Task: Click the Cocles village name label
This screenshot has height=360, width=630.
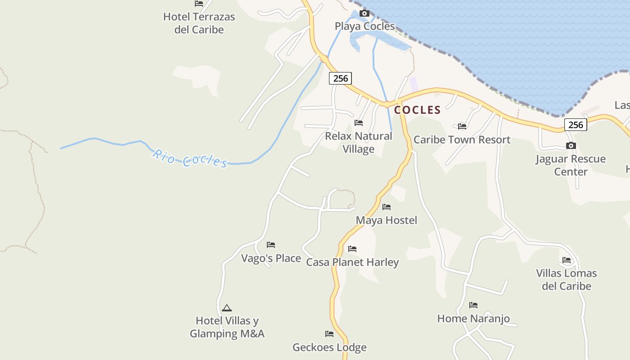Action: click(417, 110)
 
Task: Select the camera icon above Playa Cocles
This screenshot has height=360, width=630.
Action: click(364, 13)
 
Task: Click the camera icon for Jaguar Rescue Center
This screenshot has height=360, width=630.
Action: click(571, 145)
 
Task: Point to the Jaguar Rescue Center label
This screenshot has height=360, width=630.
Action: click(571, 165)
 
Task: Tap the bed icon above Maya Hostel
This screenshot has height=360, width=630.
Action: click(387, 207)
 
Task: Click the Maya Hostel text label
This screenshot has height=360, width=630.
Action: click(387, 220)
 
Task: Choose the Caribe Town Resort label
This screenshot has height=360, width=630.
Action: click(462, 139)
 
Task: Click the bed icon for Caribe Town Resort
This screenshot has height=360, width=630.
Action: click(462, 126)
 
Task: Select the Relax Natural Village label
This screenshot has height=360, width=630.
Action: click(359, 142)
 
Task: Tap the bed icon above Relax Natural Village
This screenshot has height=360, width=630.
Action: click(359, 122)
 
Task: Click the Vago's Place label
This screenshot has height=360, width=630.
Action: click(271, 258)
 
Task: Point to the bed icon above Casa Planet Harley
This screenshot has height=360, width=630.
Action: click(352, 248)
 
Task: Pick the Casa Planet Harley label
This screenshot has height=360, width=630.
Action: click(352, 262)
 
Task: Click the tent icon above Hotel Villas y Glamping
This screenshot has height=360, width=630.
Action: click(227, 308)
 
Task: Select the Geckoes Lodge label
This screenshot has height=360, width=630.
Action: click(329, 347)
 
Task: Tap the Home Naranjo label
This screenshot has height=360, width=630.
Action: click(473, 319)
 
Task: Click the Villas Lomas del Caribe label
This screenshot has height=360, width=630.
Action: click(566, 279)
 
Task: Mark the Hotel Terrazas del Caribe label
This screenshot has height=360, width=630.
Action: click(199, 23)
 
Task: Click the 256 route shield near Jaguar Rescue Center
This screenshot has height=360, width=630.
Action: click(576, 125)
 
